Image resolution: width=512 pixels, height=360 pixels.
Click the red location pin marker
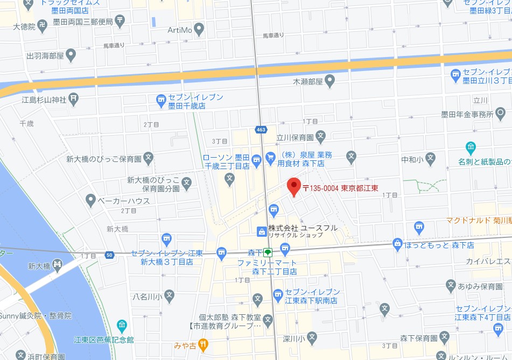click(293, 186)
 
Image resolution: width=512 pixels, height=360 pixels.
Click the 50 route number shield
click(110, 254)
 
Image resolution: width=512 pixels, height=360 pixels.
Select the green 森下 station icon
click(268, 251)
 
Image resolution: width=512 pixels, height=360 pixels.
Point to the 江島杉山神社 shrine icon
click(74, 98)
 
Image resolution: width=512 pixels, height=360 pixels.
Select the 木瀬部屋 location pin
click(330, 82)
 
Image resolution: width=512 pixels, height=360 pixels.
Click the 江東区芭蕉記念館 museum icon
click(122, 326)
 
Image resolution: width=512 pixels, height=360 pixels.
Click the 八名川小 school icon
click(169, 295)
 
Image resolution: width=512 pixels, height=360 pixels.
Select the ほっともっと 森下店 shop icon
click(398, 244)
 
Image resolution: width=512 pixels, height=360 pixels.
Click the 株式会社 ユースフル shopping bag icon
click(261, 231)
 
